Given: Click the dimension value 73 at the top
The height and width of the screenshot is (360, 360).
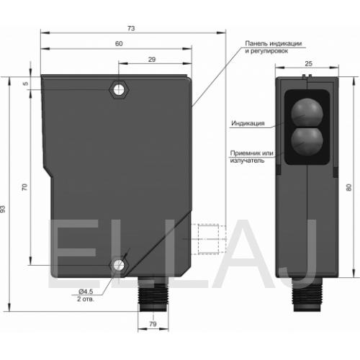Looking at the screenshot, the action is tap(131, 29).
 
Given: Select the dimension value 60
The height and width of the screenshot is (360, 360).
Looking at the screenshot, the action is tap(119, 44).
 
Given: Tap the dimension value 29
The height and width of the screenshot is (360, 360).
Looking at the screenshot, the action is tap(152, 60).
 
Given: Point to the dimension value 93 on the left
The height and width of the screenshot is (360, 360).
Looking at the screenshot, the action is tap(3, 209).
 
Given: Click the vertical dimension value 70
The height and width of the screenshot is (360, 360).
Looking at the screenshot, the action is tap(24, 187).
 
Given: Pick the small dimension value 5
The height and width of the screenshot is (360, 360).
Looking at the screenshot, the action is tap(26, 84).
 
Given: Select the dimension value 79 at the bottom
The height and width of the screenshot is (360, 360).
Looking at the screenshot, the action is tap(153, 324).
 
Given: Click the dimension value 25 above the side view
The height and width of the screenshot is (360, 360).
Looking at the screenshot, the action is tap(308, 63).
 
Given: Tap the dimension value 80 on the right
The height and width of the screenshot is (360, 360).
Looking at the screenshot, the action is tap(349, 187).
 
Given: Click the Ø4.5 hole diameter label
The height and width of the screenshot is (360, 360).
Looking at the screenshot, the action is tap(86, 292).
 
